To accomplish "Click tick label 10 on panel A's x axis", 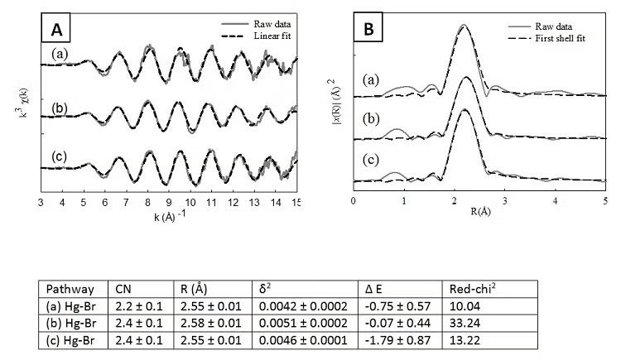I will tap(191, 201).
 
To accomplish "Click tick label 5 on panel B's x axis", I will tap(605, 201).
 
